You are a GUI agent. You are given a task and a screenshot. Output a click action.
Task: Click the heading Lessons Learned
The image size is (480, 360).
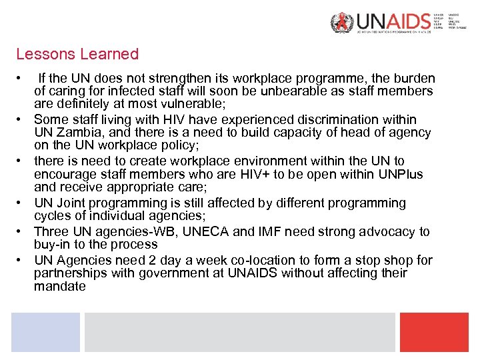(77, 54)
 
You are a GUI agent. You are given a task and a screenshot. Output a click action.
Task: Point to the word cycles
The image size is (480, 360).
(52, 216)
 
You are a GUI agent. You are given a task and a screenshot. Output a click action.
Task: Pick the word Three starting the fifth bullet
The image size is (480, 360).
(51, 231)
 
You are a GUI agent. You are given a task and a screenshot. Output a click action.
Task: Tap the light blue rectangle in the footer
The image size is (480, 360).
(45, 332)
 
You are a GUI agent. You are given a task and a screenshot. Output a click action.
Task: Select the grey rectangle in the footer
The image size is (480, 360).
(239, 332)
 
